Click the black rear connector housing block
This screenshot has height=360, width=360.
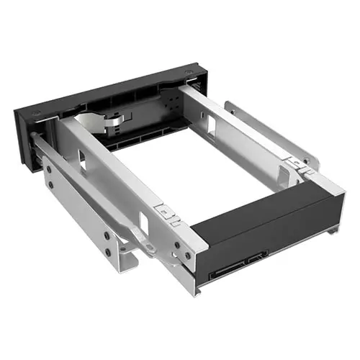point(266,220)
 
